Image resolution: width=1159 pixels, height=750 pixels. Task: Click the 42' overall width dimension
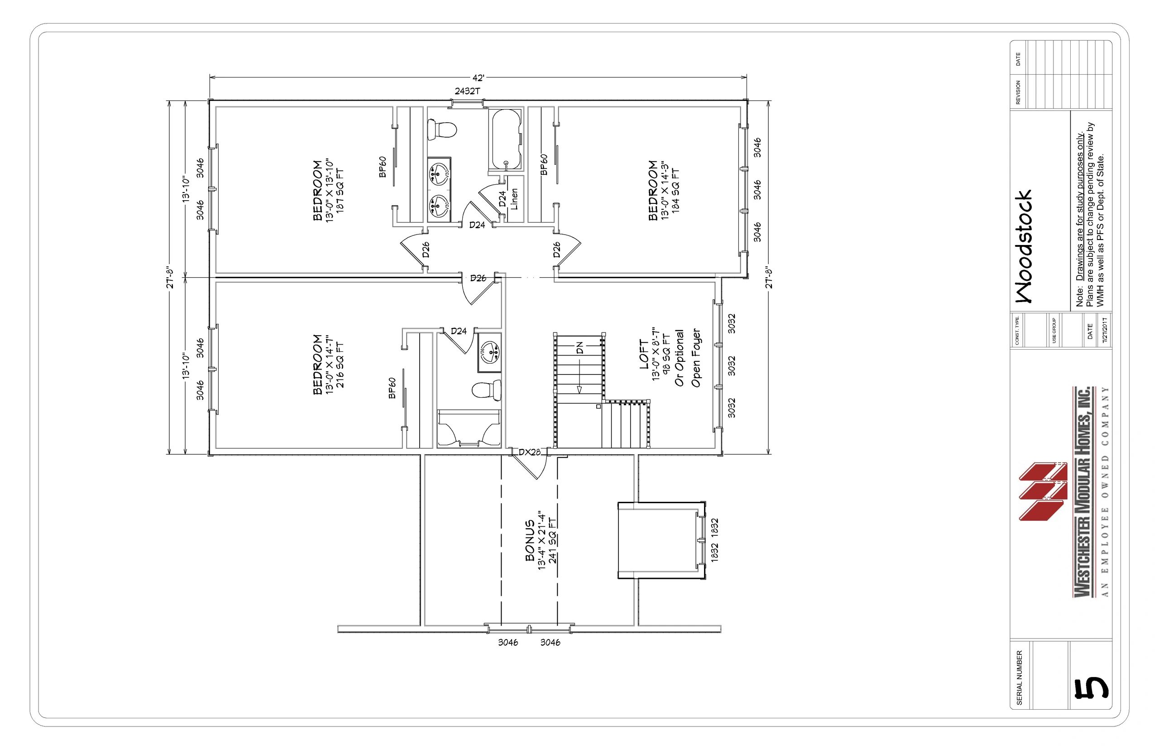pyautogui.click(x=479, y=77)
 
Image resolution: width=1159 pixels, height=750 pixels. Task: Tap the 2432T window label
pyautogui.click(x=467, y=91)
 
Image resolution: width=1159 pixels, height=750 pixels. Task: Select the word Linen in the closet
pyautogui.click(x=514, y=199)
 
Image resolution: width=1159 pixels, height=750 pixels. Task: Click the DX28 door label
pyautogui.click(x=529, y=452)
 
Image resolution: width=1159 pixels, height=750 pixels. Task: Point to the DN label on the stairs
pyautogui.click(x=579, y=348)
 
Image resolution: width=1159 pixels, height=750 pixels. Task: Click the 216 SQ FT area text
pyautogui.click(x=340, y=365)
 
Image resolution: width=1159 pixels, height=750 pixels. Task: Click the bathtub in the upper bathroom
pyautogui.click(x=506, y=141)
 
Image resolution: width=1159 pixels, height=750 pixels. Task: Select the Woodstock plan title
pyautogui.click(x=1023, y=246)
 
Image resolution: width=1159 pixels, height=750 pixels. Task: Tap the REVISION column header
pyautogui.click(x=1018, y=92)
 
